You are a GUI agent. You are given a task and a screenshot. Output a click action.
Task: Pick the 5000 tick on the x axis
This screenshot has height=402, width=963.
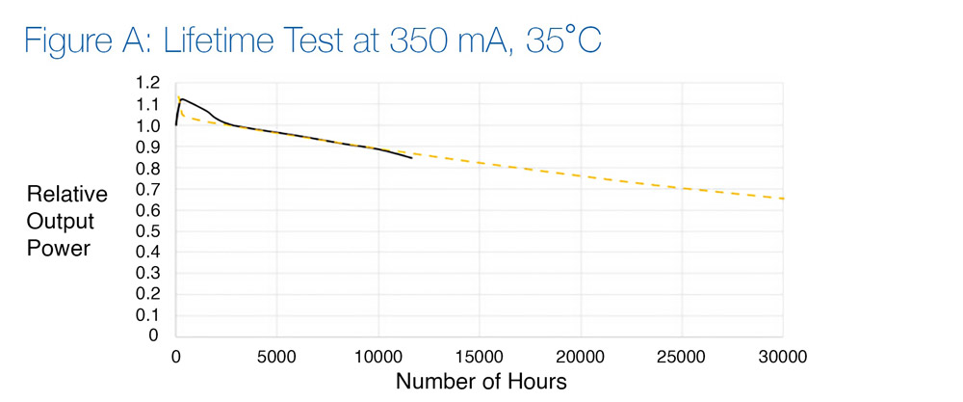(276, 354)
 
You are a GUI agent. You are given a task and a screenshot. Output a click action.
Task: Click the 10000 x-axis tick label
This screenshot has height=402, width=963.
(377, 354)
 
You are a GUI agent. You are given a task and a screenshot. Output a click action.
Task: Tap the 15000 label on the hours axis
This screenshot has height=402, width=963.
(480, 354)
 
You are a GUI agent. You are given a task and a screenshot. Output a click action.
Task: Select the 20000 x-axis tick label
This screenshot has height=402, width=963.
(581, 354)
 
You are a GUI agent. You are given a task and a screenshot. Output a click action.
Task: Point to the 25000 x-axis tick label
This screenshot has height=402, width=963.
(682, 354)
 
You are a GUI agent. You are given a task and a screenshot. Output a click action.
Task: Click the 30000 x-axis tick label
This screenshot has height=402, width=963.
(783, 354)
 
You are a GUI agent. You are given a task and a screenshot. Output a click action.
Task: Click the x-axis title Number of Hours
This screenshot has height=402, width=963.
(481, 382)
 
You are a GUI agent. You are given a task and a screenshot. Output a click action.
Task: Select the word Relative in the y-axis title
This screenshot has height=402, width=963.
(66, 195)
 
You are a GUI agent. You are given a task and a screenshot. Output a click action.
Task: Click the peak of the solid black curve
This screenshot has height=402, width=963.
(180, 98)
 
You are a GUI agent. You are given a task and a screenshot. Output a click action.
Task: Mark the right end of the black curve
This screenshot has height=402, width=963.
(412, 158)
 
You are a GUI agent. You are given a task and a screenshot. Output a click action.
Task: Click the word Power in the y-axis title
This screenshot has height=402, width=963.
(59, 248)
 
